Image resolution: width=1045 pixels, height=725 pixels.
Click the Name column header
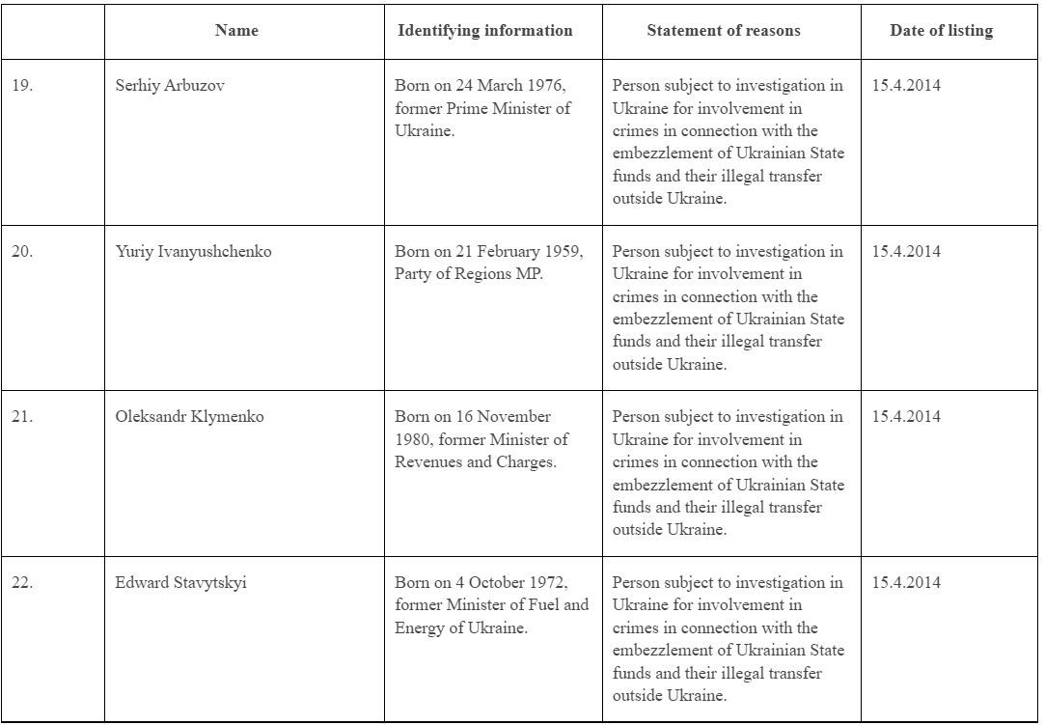236,30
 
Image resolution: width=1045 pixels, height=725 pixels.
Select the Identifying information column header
484,30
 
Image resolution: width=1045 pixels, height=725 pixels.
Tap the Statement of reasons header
723,30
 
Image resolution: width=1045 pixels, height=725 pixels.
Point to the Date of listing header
941,30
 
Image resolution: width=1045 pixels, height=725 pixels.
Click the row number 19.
22,85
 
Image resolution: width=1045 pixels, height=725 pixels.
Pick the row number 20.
22,251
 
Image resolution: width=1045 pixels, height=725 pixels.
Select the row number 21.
22,417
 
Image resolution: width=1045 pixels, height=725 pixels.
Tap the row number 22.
22,583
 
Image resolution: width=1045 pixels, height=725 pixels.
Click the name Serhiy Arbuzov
170,85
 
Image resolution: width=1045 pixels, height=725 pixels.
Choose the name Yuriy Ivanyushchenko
193,251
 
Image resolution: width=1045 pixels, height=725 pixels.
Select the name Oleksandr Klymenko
189,417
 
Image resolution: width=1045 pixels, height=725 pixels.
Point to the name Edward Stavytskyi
180,583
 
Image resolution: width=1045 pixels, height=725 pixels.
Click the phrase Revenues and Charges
475,461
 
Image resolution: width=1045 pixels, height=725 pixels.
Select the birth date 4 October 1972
513,583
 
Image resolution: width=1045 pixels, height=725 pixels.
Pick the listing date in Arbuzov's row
906,85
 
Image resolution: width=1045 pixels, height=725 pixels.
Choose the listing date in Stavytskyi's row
906,583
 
